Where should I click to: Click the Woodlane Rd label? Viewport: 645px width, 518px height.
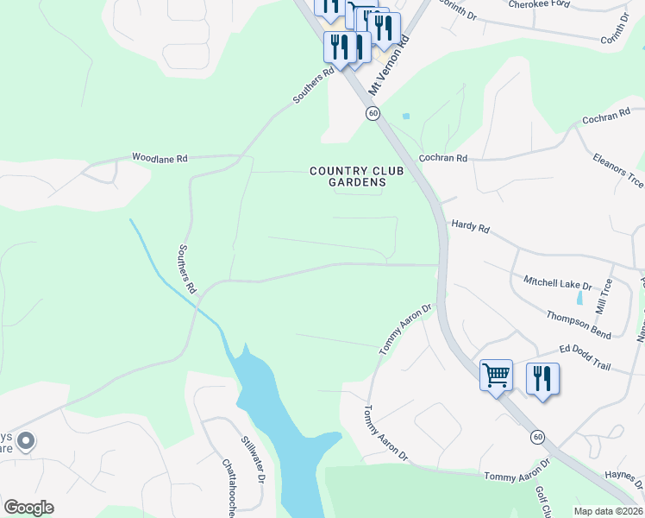point(160,158)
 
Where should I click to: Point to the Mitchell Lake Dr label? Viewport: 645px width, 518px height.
point(558,282)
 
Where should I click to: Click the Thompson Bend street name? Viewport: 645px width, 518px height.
point(579,322)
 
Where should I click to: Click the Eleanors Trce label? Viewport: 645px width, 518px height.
point(617,169)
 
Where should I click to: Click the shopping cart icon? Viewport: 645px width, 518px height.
point(496,376)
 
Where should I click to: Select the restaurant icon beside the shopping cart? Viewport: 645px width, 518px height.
point(542,379)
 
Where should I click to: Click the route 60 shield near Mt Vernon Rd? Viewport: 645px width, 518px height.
point(373,113)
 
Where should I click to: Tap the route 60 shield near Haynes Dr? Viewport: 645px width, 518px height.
point(537,436)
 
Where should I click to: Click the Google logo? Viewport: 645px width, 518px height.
point(28,508)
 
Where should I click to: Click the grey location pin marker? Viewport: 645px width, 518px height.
point(26,442)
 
